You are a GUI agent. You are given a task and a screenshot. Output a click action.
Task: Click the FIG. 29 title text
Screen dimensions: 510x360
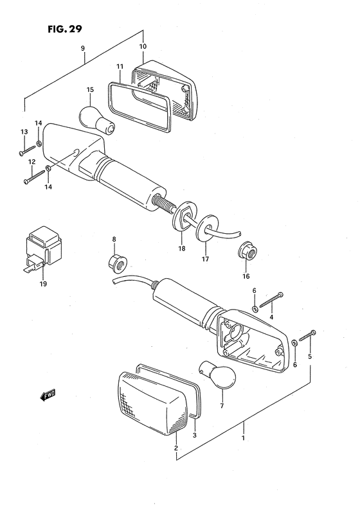(63, 29)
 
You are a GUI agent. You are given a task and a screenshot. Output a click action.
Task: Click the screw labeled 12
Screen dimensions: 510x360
(33, 180)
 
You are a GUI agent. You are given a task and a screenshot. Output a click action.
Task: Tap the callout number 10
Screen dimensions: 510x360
(143, 47)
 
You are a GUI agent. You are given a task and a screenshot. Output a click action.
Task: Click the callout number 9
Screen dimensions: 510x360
(83, 48)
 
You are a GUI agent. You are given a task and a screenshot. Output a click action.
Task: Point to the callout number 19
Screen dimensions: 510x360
(43, 283)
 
